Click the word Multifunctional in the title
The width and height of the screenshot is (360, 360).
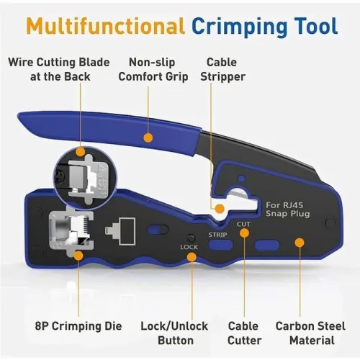[x=106, y=25]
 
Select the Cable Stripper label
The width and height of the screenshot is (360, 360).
[x=222, y=70]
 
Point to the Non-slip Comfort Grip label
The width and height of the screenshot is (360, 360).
[x=153, y=70]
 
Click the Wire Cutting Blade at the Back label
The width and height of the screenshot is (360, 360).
[x=59, y=70]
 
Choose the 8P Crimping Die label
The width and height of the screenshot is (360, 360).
[x=78, y=326]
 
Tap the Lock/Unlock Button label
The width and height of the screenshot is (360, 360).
[x=174, y=333]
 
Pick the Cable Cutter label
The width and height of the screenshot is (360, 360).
[x=244, y=333]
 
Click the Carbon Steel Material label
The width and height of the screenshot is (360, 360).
[x=310, y=333]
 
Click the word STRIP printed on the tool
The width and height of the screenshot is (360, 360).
[x=217, y=235]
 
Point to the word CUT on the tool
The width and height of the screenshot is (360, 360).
[x=243, y=224]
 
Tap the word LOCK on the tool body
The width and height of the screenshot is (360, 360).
[x=189, y=247]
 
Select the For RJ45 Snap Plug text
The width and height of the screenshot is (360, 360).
[x=287, y=210]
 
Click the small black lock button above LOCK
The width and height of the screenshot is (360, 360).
[x=191, y=238]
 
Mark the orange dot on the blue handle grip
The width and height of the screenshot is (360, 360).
[x=148, y=138]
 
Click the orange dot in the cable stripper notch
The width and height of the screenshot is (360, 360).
[x=220, y=209]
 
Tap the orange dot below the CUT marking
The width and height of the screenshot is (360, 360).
[x=244, y=233]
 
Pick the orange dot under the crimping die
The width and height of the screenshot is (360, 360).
[x=78, y=256]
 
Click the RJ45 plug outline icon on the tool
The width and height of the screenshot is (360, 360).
[x=120, y=231]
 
